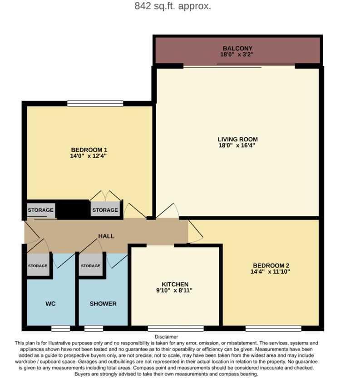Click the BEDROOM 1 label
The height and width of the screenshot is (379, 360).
click(89, 150)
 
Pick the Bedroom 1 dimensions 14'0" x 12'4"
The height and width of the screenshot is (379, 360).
click(89, 156)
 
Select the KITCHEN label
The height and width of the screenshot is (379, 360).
click(175, 284)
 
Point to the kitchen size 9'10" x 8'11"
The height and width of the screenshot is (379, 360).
click(175, 290)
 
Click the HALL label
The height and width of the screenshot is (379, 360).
click(106, 236)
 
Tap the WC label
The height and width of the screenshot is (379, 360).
click(50, 304)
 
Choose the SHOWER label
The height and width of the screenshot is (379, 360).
click(103, 304)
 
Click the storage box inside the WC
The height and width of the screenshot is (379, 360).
click(38, 266)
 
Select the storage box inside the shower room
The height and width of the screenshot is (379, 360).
click(90, 266)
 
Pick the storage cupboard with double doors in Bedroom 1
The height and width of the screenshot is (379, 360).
click(105, 209)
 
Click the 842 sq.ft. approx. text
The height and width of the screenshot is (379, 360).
click(173, 6)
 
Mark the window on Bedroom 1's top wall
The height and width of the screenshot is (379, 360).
click(95, 104)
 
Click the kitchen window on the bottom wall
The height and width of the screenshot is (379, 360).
click(176, 328)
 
